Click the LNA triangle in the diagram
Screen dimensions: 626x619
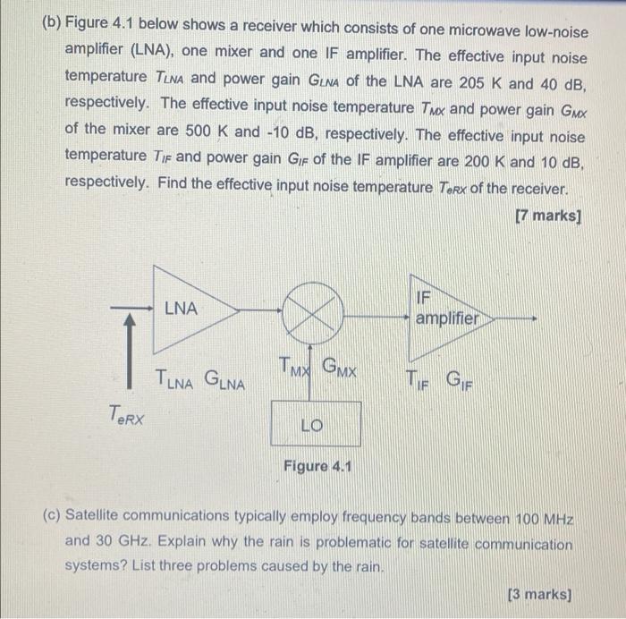coord(188,309)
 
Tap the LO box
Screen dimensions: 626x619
coord(315,424)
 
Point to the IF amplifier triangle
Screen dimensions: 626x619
coord(443,308)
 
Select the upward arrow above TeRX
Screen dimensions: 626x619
coord(132,345)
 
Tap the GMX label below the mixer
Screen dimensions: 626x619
coord(340,367)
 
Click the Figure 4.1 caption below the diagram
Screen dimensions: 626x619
coord(317,466)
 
